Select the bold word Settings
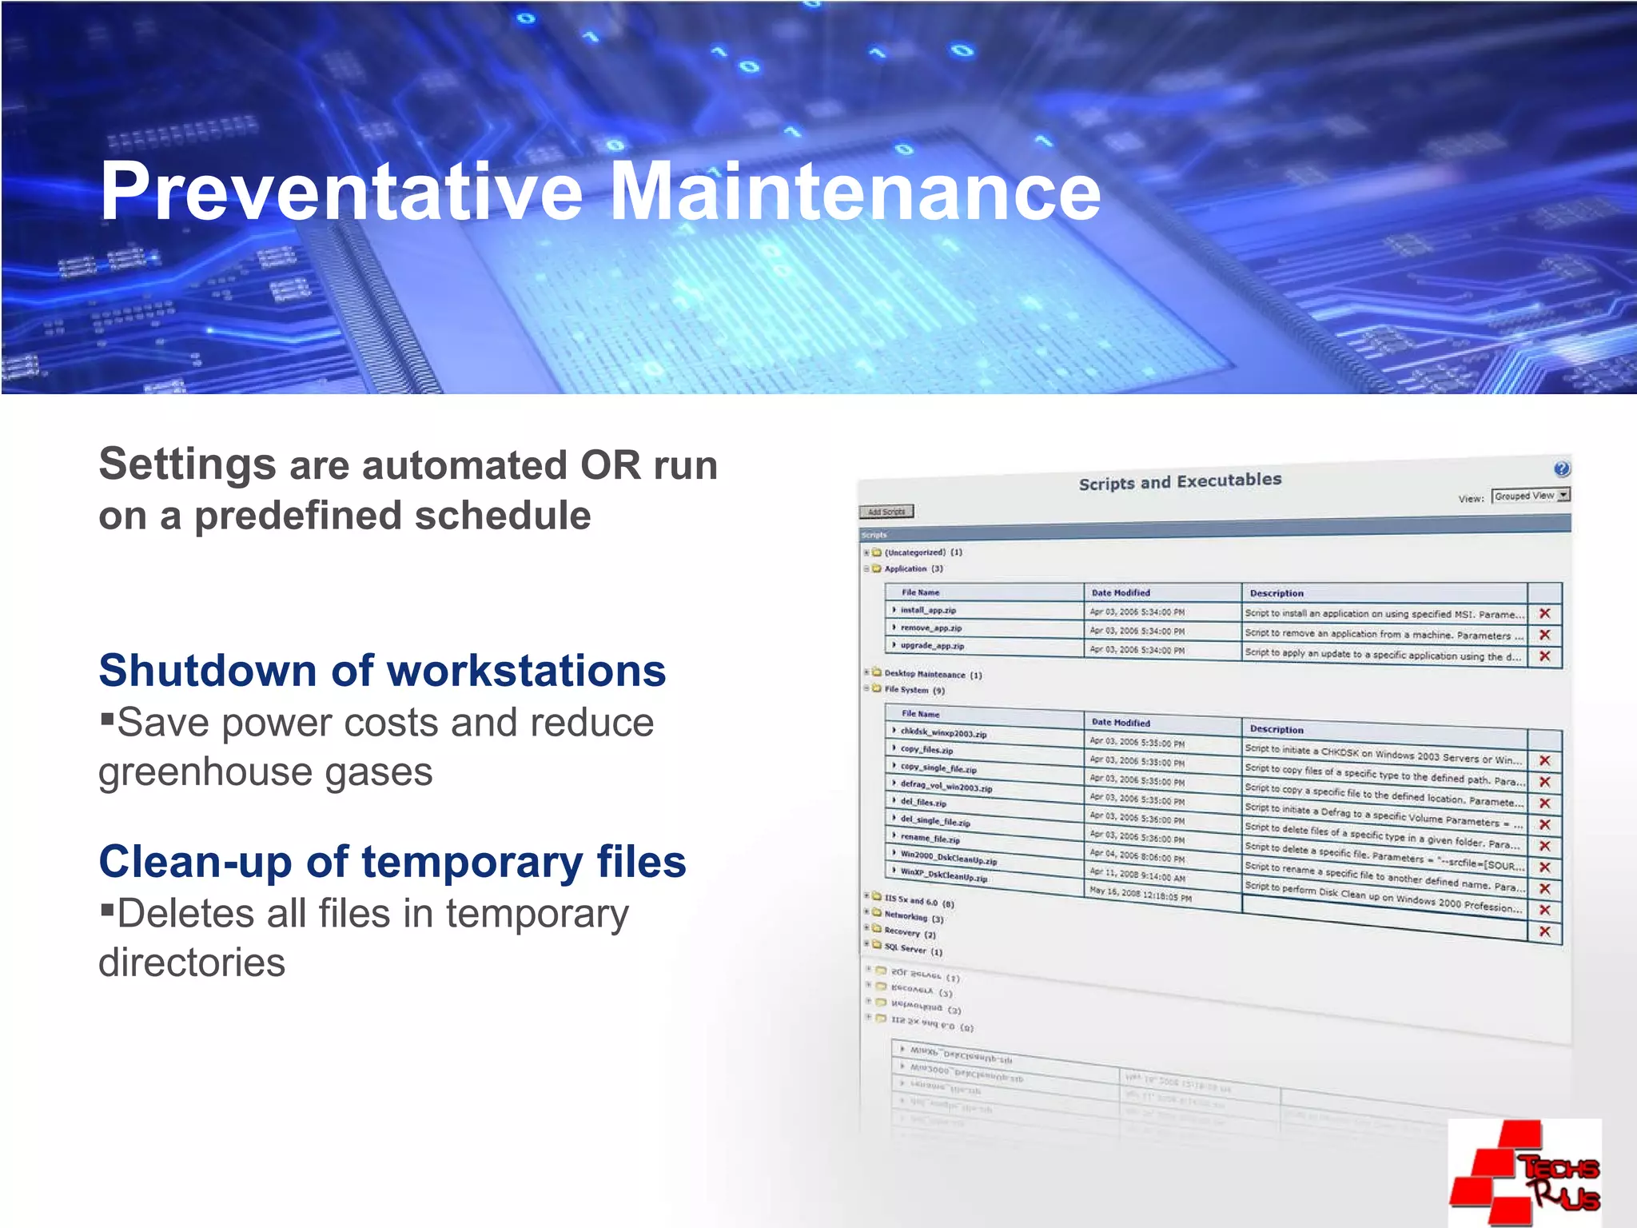187,464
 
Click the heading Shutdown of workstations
382,670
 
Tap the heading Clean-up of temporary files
392,862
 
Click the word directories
192,963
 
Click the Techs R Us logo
1525,1173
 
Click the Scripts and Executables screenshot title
1180,481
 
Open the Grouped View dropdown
1530,496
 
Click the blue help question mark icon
1561,468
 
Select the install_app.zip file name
928,610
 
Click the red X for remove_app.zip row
1544,635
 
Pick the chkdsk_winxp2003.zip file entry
943,732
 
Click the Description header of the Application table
1277,593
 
